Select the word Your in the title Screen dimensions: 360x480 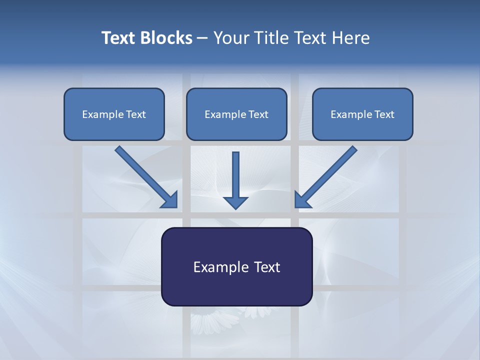pyautogui.click(x=231, y=38)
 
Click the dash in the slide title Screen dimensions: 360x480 pyautogui.click(x=202, y=38)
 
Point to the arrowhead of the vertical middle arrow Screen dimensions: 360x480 pyautogui.click(x=235, y=202)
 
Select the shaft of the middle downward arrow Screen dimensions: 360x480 pyautogui.click(x=235, y=172)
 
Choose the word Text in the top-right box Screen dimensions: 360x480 pyautogui.click(x=384, y=114)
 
